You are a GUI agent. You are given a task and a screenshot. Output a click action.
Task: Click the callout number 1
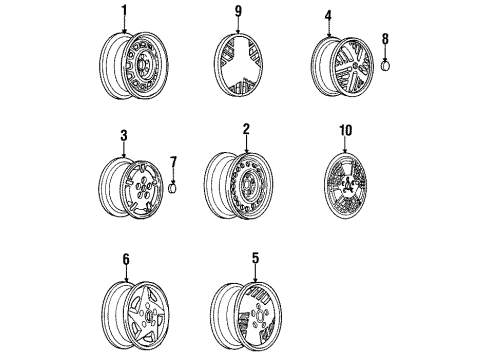coord(124,12)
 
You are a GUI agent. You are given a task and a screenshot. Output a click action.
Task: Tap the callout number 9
coord(238,12)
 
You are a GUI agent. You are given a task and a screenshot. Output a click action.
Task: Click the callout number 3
coord(124,136)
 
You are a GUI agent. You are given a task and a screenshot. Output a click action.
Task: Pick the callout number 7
coord(172,161)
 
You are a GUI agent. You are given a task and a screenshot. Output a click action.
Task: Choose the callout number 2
coord(245,130)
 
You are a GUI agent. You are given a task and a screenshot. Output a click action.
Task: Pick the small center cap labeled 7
coord(172,187)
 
